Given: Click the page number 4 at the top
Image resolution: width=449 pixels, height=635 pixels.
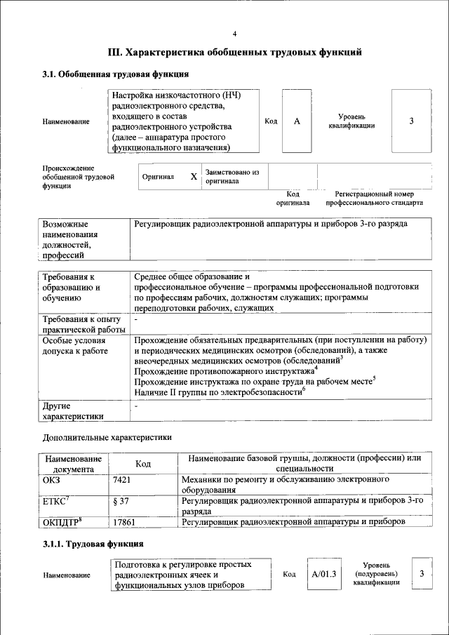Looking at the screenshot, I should tap(234, 34).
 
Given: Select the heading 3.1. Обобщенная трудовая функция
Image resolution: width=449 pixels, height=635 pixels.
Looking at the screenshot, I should tap(115, 74).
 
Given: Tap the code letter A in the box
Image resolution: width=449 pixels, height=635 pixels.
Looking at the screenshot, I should tap(297, 121).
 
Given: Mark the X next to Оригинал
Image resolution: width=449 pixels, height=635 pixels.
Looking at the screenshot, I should tap(194, 177).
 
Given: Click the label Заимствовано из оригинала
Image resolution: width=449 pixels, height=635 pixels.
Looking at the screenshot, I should tap(232, 176).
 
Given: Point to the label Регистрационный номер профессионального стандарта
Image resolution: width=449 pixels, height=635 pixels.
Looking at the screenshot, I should tap(374, 198).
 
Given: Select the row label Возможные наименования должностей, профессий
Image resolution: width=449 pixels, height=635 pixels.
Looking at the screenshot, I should tap(70, 240).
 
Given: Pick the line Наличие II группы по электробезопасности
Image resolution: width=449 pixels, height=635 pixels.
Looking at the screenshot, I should tap(218, 391).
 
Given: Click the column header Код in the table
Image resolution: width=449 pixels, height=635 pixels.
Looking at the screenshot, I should tap(143, 464).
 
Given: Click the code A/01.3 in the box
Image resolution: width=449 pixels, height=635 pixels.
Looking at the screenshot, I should tap(324, 574).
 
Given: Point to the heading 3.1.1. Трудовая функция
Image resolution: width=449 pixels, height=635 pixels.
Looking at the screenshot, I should tap(93, 544).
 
